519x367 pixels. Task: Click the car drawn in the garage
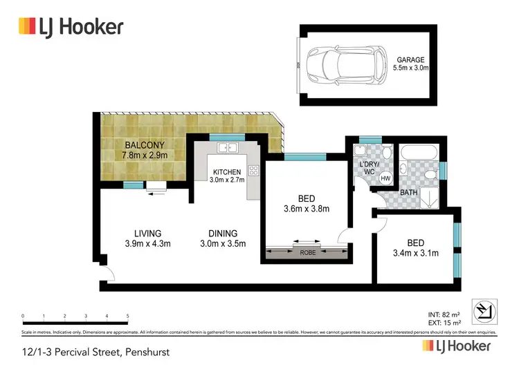pyautogui.click(x=340, y=64)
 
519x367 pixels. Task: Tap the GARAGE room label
pyautogui.click(x=411, y=59)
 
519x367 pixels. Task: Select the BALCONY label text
pyautogui.click(x=145, y=145)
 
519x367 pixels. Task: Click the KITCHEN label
pyautogui.click(x=227, y=171)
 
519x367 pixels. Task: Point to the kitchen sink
pyautogui.click(x=226, y=148)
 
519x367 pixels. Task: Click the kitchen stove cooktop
pyautogui.click(x=253, y=169)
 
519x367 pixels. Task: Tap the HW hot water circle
pyautogui.click(x=385, y=178)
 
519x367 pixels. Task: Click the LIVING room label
pyautogui.click(x=148, y=233)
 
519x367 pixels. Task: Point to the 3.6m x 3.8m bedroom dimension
pyautogui.click(x=306, y=209)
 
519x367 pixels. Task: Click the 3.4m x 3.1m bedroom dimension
pyautogui.click(x=415, y=252)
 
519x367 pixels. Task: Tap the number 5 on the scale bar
pyautogui.click(x=127, y=317)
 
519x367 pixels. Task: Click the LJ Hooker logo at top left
pyautogui.click(x=71, y=26)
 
